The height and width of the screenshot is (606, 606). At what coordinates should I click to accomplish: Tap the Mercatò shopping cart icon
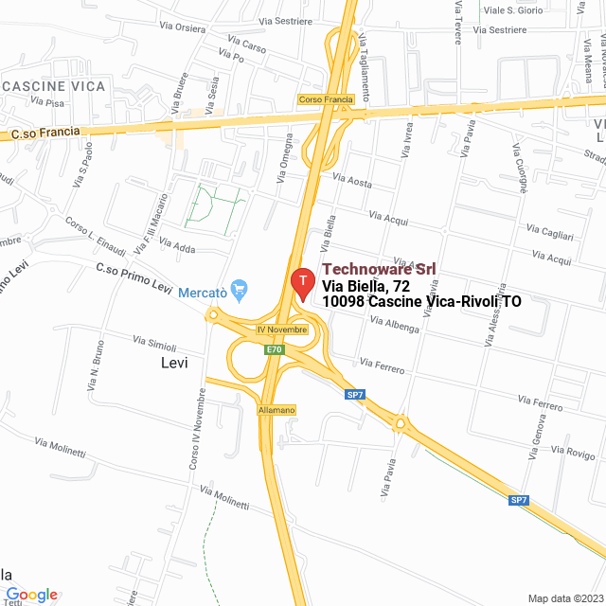point(240,287)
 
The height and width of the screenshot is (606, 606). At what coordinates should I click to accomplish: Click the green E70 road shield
point(275,349)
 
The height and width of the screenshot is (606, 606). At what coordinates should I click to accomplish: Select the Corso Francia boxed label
point(325,99)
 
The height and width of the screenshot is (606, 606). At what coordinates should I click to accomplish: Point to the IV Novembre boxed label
point(282,330)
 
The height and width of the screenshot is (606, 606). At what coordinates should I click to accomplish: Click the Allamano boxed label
point(277,410)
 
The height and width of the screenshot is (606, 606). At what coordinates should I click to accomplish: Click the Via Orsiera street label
point(183,27)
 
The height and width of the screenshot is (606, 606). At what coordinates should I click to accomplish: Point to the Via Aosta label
point(352,179)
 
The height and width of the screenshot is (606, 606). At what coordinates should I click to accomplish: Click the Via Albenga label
point(395,324)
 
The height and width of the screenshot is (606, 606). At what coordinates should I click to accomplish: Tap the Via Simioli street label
point(154,341)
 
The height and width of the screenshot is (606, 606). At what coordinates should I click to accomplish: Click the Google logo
point(31,595)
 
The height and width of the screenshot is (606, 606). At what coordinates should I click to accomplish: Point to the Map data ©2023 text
point(564,598)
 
